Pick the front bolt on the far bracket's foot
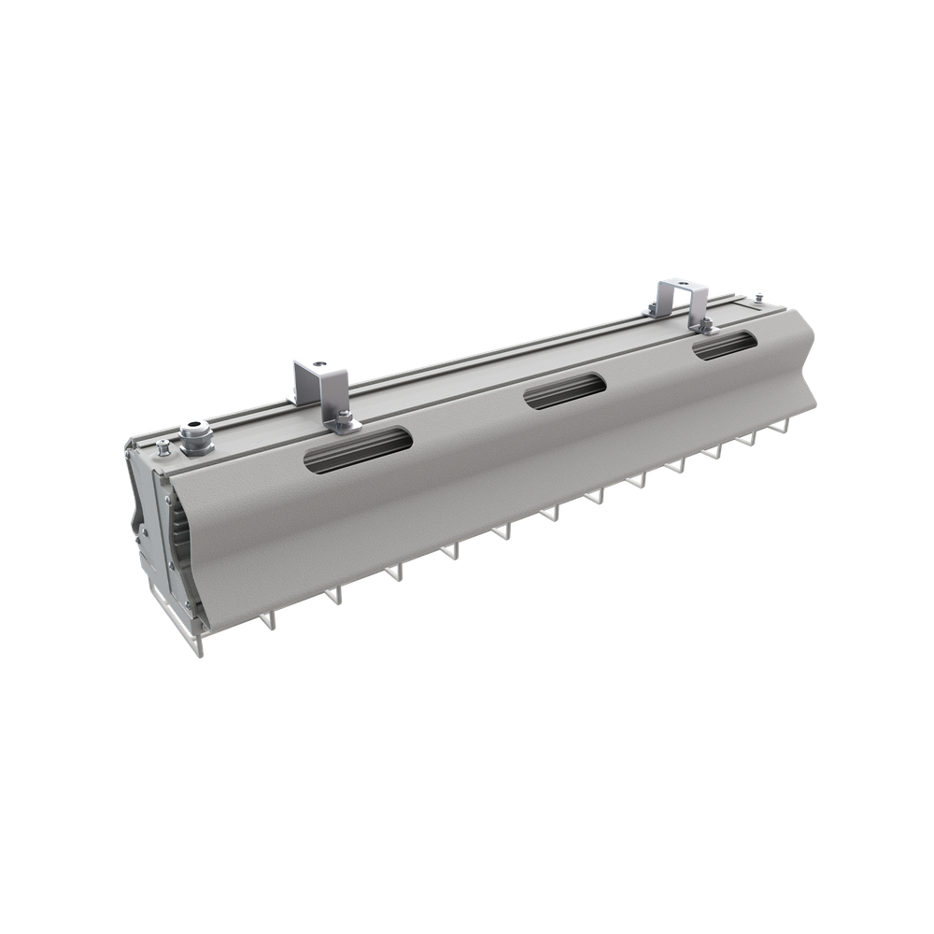(706, 324)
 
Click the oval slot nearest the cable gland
(358, 449)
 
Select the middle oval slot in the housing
(564, 389)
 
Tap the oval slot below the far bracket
(724, 345)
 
